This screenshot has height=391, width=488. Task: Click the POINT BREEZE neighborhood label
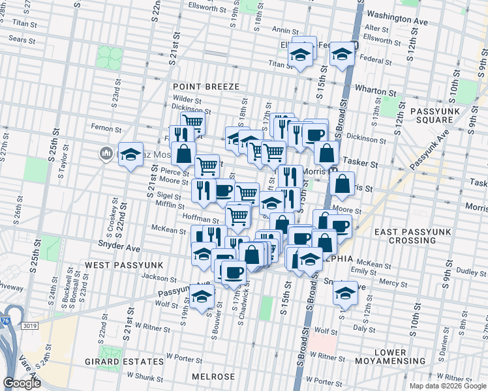tap(206, 87)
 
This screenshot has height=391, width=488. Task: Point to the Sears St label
tap(22, 40)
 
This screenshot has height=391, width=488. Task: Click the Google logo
tap(22, 383)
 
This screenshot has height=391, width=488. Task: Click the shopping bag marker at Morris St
tap(343, 184)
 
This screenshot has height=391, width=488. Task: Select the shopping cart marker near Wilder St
tap(192, 122)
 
